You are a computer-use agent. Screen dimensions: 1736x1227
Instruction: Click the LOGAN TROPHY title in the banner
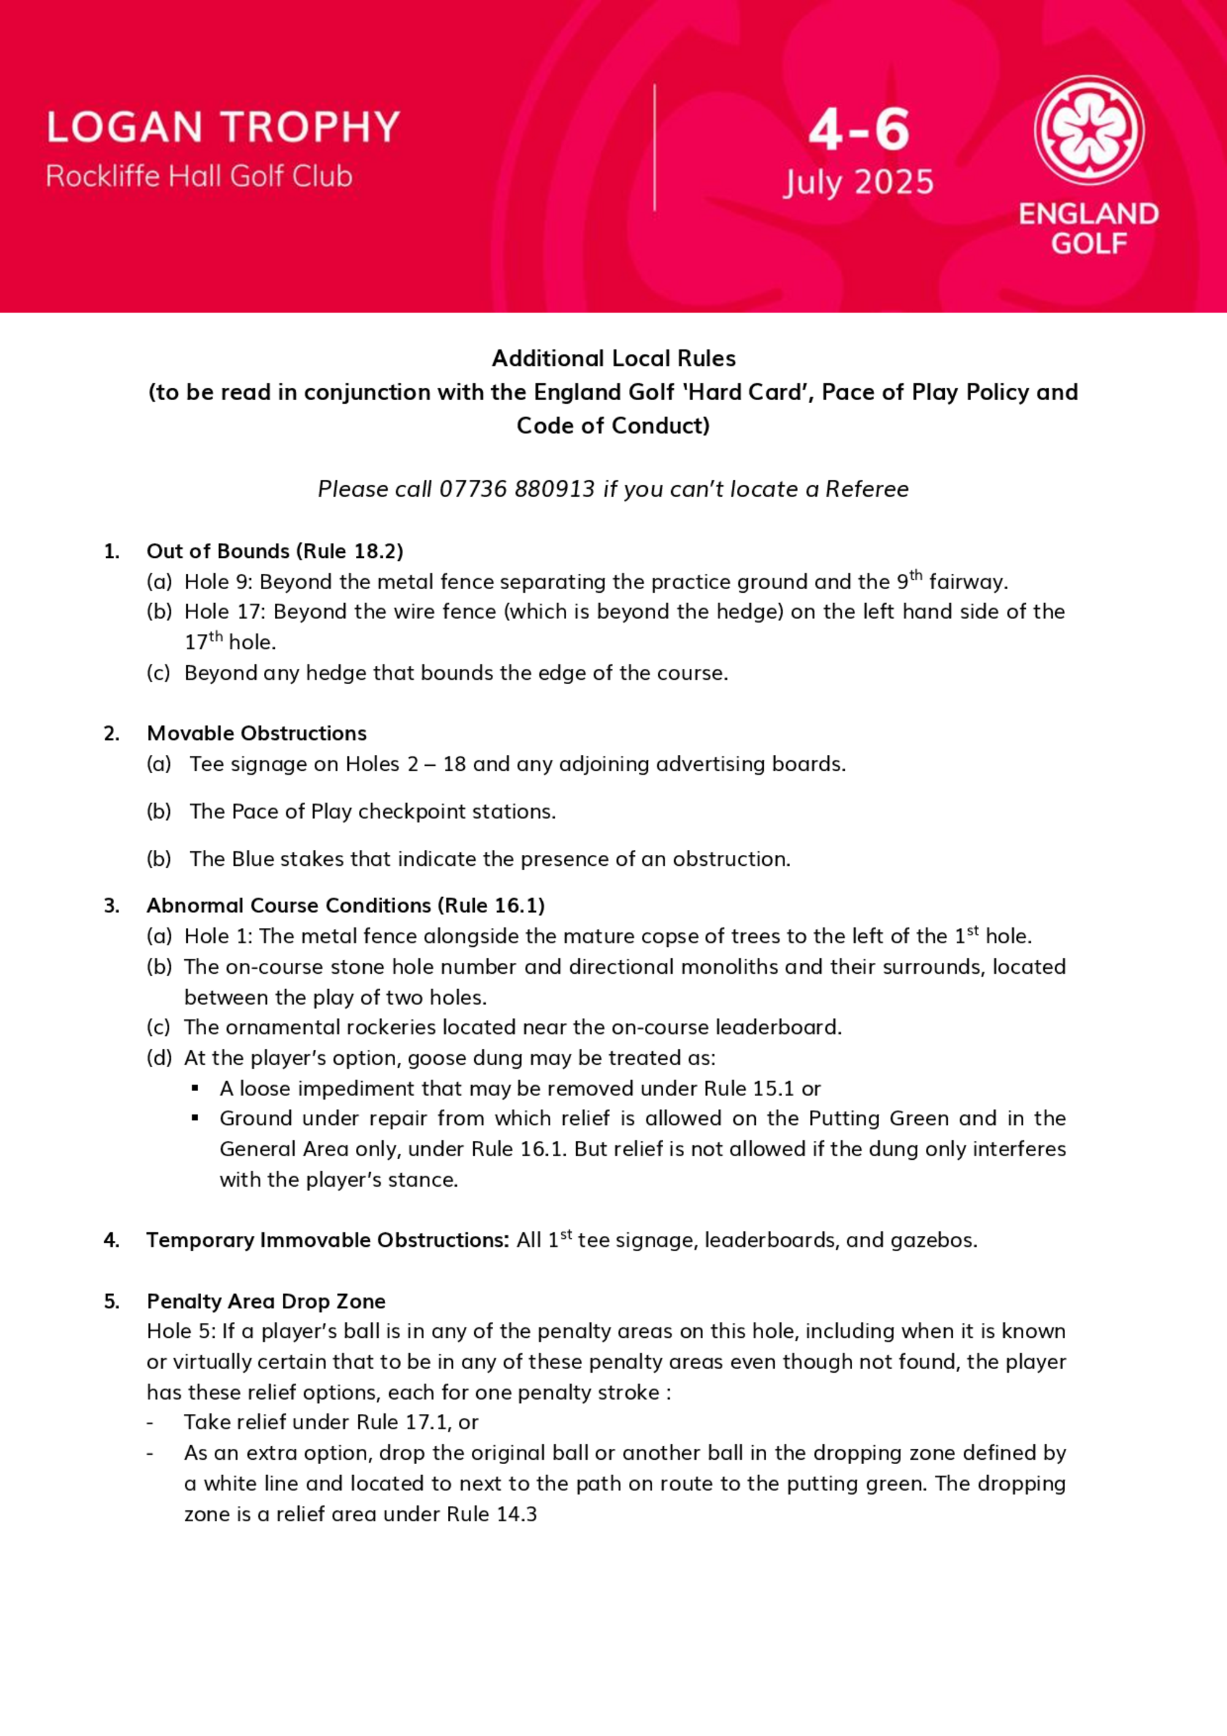coord(223,127)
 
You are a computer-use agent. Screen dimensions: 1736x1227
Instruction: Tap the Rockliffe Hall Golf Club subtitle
coord(199,176)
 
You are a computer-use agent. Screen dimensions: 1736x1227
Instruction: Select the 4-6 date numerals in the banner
coord(859,130)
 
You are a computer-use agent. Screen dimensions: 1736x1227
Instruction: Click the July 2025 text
coord(858,183)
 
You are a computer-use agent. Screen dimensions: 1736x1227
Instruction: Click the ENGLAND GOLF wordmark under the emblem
coord(1088,228)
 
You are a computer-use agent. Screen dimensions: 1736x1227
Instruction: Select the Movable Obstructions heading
coord(256,733)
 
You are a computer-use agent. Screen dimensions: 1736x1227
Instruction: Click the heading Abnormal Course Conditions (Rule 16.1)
coord(345,906)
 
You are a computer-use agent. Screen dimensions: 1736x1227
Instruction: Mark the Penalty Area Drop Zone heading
coord(266,1302)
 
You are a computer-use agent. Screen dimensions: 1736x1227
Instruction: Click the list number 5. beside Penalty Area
coord(112,1302)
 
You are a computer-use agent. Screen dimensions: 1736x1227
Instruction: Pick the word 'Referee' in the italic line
coord(866,489)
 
